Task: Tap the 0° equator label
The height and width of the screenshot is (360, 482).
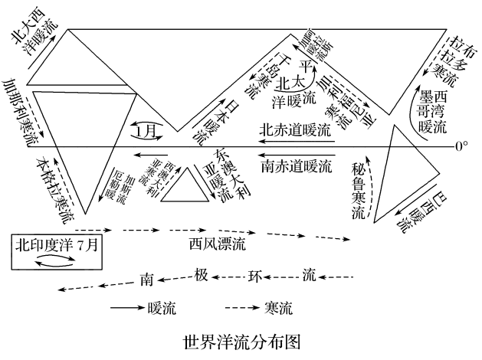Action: (461, 146)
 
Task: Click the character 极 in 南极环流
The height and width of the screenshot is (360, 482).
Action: (201, 276)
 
